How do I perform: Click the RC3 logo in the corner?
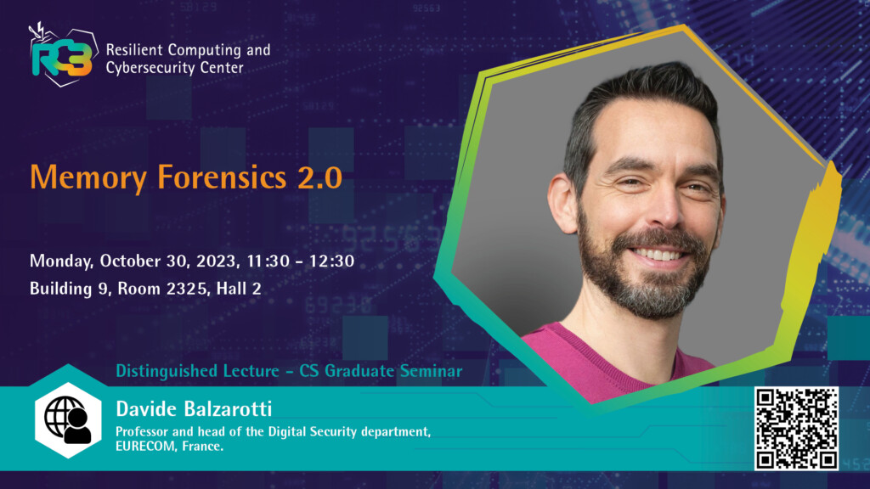click(x=63, y=55)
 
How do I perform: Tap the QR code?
click(x=796, y=429)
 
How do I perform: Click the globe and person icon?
click(x=68, y=419)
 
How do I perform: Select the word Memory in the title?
click(x=88, y=178)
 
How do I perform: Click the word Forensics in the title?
click(x=222, y=177)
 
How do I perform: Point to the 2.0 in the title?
click(x=319, y=177)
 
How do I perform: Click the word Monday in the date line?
click(x=61, y=261)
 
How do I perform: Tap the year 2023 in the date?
click(x=217, y=261)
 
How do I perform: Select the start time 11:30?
click(x=268, y=261)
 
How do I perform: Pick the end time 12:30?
click(x=332, y=261)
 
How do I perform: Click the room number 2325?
click(x=185, y=289)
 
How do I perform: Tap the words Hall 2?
click(x=239, y=289)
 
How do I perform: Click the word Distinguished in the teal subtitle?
click(x=167, y=371)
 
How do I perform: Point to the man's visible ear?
click(x=563, y=203)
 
